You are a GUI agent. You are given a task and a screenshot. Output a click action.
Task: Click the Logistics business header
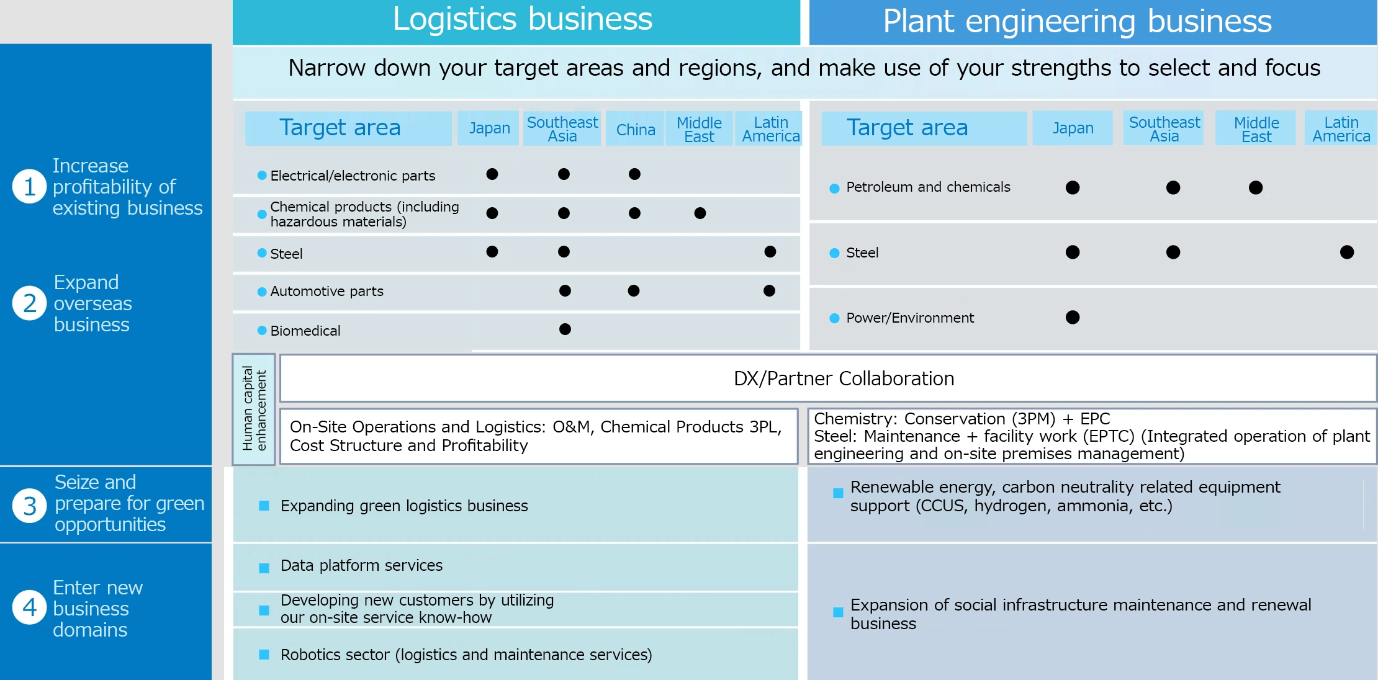[522, 19]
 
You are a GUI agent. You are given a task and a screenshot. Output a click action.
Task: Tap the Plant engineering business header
[1077, 21]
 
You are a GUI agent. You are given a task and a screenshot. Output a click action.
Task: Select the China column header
[636, 129]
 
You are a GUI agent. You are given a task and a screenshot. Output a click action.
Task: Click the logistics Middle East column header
[699, 129]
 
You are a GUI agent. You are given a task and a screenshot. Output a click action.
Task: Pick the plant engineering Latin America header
[1341, 129]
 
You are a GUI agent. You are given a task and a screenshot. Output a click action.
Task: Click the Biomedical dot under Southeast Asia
[565, 329]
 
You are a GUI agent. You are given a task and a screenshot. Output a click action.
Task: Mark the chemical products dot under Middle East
[700, 213]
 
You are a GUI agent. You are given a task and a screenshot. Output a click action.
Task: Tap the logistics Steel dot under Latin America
[770, 251]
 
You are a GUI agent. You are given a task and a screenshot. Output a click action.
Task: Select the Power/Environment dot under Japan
[1073, 317]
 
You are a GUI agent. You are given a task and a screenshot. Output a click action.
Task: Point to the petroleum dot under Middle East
[1256, 187]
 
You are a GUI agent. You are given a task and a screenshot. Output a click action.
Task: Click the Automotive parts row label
[326, 291]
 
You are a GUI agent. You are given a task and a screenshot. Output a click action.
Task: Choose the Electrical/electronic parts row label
[353, 176]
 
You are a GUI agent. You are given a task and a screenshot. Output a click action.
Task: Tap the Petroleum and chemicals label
[928, 187]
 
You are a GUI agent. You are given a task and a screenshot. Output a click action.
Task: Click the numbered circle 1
[29, 186]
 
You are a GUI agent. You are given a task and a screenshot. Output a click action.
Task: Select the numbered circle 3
[29, 506]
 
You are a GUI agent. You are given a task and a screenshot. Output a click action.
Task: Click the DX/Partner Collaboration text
[844, 378]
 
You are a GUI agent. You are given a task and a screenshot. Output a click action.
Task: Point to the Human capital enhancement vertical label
[254, 409]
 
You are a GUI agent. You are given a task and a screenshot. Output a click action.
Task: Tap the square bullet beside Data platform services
[264, 568]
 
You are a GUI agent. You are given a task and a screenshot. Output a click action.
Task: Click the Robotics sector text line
[466, 655]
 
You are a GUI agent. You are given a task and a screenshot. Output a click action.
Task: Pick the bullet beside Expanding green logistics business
[264, 506]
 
